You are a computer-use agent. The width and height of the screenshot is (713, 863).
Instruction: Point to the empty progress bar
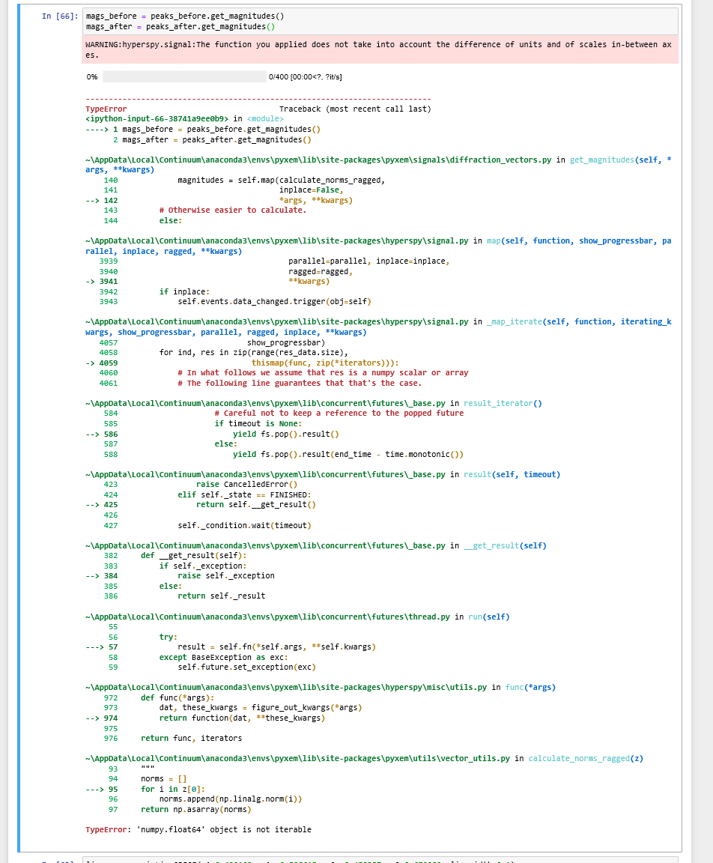[184, 76]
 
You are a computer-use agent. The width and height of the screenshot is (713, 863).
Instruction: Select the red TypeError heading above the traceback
[106, 109]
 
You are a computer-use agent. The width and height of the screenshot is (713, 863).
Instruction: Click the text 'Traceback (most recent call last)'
[355, 109]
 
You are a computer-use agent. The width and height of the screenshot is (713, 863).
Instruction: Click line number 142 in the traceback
[110, 200]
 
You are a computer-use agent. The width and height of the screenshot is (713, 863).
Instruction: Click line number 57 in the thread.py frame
[112, 647]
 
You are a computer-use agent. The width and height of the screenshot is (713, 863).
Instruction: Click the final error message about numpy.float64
[198, 829]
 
